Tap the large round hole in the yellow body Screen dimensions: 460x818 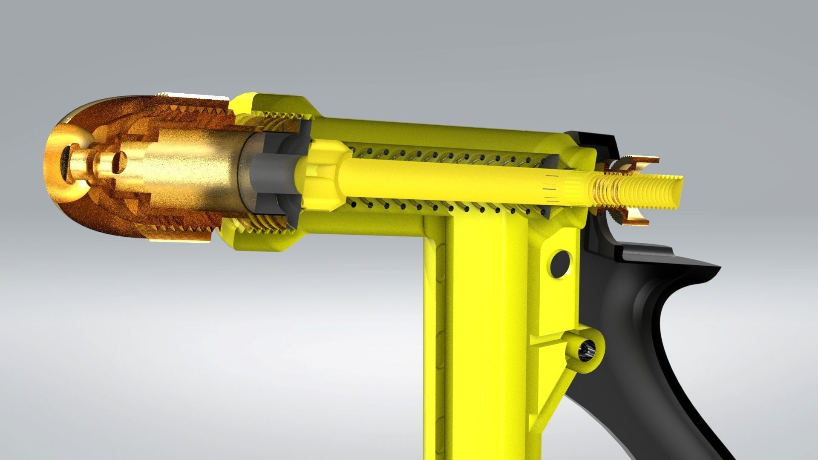[561, 264]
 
